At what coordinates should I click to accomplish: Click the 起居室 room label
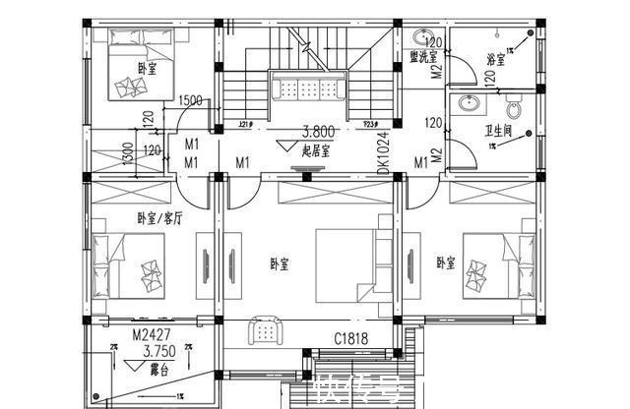(x=316, y=151)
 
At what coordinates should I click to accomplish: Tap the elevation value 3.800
(x=317, y=130)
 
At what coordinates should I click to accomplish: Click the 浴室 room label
(x=495, y=59)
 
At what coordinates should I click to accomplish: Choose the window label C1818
(x=349, y=338)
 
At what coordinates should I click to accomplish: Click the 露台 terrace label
(x=157, y=371)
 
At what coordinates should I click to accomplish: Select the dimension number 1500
(x=191, y=101)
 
